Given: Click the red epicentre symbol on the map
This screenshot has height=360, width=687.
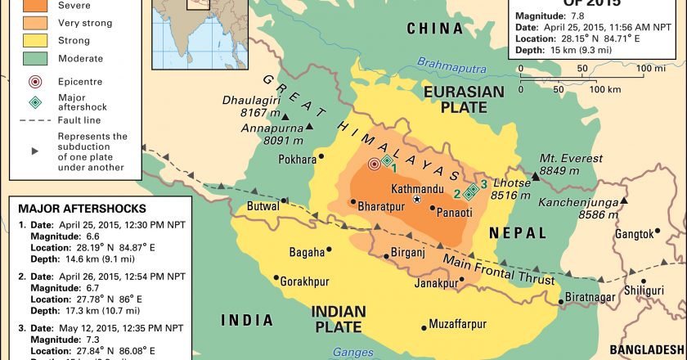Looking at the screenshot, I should (x=375, y=164).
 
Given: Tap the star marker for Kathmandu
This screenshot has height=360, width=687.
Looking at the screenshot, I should (x=418, y=200).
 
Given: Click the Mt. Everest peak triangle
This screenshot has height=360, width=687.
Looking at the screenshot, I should (x=535, y=176).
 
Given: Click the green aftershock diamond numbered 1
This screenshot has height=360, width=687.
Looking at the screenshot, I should (x=386, y=160).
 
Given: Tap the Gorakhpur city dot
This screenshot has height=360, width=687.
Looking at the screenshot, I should (x=277, y=277).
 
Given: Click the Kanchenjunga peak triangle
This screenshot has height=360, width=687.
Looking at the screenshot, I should (x=623, y=200).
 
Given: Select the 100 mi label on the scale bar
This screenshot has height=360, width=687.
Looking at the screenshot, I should (x=652, y=68).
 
